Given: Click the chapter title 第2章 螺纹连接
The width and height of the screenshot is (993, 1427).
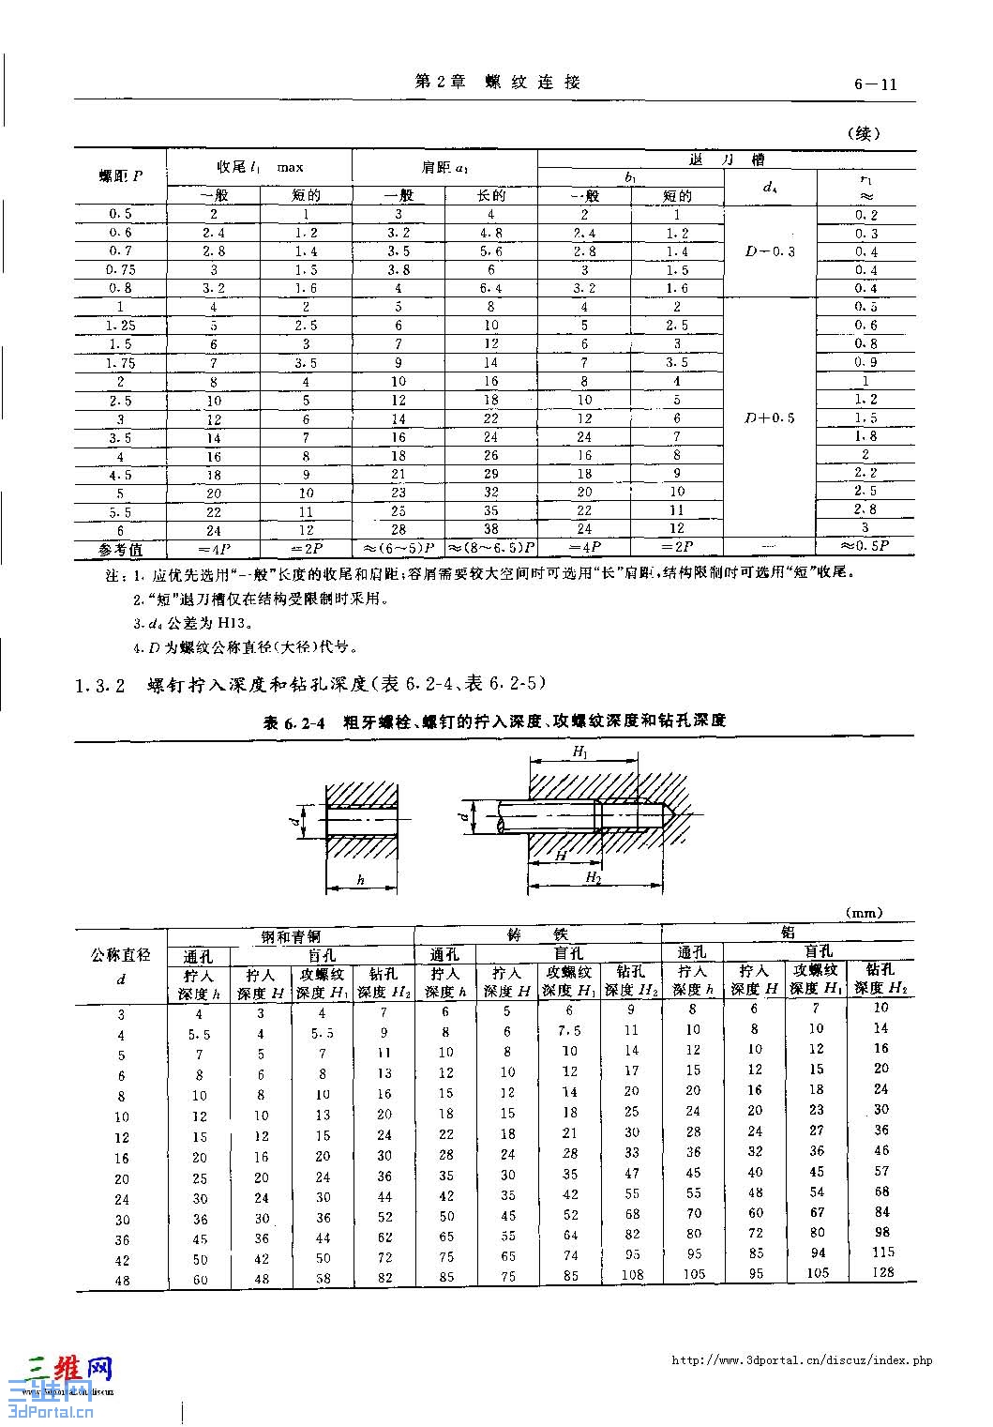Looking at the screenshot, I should coord(497,83).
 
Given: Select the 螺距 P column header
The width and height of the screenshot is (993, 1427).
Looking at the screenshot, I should coord(121,176).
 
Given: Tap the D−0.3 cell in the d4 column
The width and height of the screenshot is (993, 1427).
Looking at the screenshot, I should coord(770,251).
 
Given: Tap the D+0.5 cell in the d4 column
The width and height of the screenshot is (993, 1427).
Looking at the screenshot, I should coord(770,418).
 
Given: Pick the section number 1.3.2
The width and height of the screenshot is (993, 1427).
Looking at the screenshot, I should coord(100,686).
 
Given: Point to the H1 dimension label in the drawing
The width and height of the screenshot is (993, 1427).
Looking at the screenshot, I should coord(580,753).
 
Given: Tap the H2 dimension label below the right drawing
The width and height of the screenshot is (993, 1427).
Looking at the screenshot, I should coord(593,877).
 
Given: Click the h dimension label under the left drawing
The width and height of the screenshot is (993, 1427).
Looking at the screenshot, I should coord(361,880).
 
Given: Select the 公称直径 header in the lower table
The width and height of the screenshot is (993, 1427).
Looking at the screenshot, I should coord(121,955).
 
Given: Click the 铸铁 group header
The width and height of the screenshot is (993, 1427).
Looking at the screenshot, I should coord(537,934).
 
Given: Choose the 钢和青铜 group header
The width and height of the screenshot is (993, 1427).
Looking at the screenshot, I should coord(290,936).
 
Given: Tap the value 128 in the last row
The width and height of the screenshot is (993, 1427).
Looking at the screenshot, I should coord(881,1273).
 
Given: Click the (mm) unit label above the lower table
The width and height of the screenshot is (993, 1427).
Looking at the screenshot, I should coord(863,913).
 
